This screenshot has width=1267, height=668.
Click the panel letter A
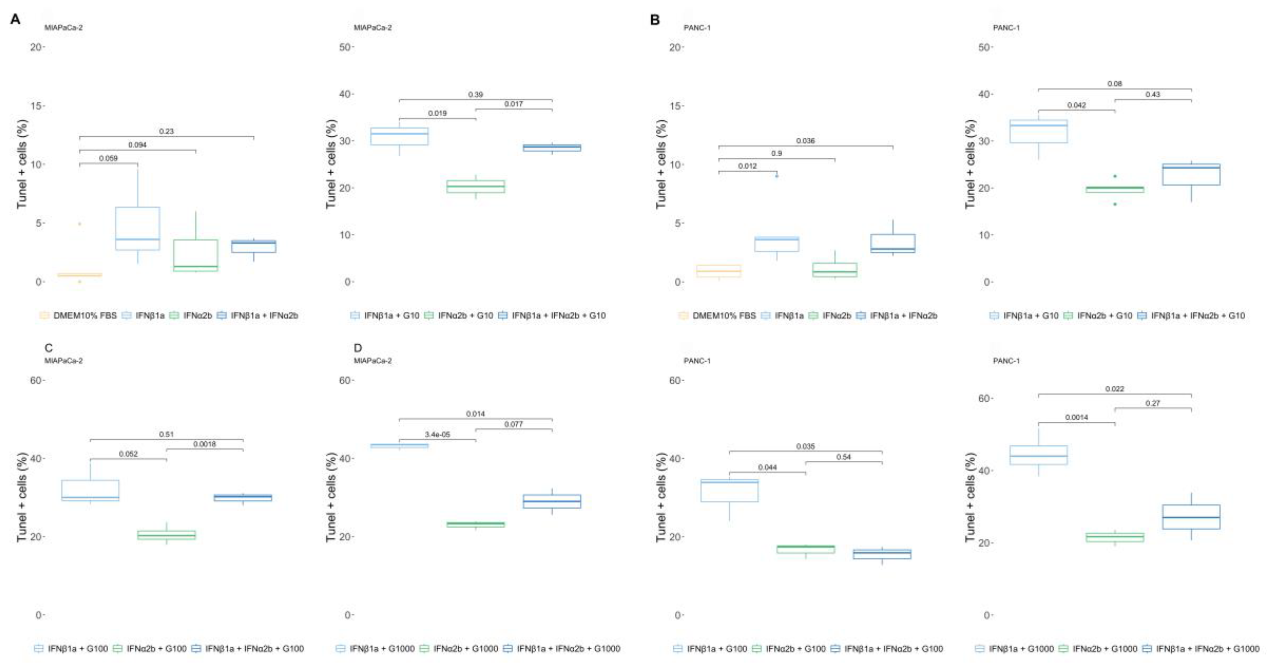[x=15, y=19]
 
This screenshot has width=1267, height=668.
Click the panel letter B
[x=655, y=19]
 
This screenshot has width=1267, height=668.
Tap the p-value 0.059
[x=108, y=158]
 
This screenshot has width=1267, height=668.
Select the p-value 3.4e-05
[x=437, y=434]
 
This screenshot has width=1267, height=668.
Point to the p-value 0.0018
[x=205, y=444]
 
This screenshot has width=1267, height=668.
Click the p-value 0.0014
[x=1076, y=417]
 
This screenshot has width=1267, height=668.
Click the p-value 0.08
[x=1114, y=84]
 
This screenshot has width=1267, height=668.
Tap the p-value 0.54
[x=843, y=457]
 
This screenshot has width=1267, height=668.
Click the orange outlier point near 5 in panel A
[x=80, y=224]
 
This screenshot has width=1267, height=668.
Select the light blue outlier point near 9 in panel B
[x=777, y=176]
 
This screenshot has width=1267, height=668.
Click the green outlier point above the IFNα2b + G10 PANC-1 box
[x=1115, y=176]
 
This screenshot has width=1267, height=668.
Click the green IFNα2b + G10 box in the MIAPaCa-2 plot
[x=476, y=187]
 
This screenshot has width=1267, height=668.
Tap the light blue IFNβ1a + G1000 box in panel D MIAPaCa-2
[x=399, y=446]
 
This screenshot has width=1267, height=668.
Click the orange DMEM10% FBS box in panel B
[x=719, y=271]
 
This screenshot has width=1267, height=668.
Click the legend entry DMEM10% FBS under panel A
[x=79, y=315]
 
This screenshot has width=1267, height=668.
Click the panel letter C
[x=48, y=348]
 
